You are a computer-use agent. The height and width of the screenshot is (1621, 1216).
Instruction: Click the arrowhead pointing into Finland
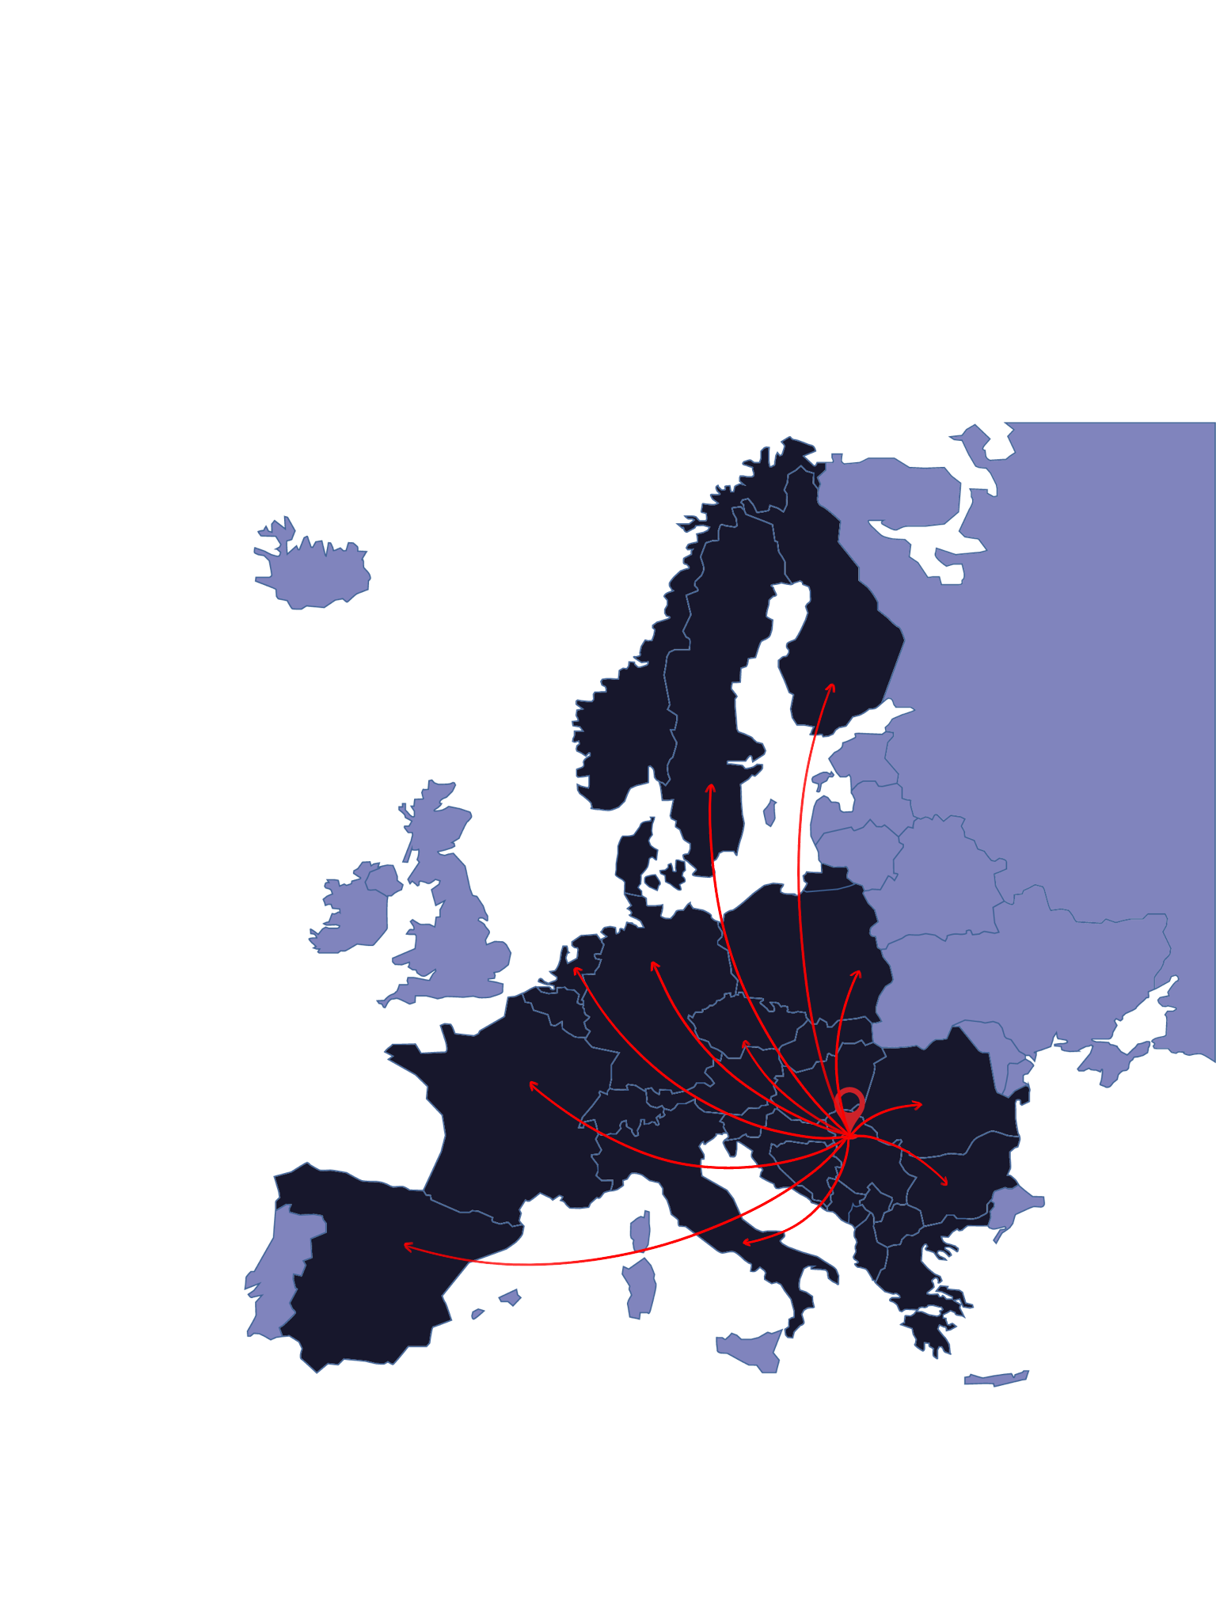tap(831, 685)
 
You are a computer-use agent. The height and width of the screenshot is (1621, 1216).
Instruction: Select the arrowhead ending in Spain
tap(407, 1246)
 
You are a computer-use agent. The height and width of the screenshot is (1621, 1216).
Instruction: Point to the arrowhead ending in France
tap(531, 1083)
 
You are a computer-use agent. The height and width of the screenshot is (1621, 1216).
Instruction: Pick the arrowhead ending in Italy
tap(745, 1243)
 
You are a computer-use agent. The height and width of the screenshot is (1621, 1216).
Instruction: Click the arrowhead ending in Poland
tap(858, 973)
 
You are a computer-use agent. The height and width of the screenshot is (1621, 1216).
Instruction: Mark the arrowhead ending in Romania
tap(919, 1104)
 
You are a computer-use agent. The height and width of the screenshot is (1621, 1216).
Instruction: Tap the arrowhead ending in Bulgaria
tap(945, 1183)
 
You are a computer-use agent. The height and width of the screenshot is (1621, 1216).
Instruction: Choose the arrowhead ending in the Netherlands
tap(576, 969)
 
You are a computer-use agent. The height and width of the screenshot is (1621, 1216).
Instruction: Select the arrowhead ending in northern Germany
tap(653, 964)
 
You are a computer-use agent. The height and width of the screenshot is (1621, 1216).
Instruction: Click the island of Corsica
tap(642, 1232)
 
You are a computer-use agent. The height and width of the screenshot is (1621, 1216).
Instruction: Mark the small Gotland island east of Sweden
tap(769, 813)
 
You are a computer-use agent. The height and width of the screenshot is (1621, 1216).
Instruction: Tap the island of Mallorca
tap(510, 1296)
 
